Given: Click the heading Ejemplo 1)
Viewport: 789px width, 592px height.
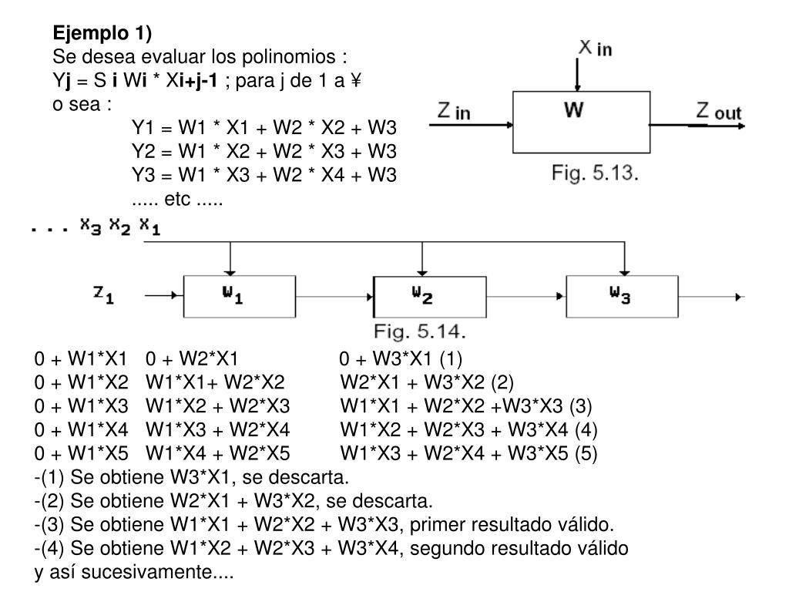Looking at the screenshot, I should (x=102, y=33).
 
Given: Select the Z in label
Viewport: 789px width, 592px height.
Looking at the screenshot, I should (x=454, y=112).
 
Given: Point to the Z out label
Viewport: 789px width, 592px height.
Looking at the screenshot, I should (x=718, y=112).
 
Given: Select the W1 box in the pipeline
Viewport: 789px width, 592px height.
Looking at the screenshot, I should (x=239, y=296).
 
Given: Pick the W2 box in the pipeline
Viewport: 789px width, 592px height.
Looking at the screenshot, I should (x=430, y=296).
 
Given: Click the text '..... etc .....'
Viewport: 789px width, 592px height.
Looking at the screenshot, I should (x=176, y=203).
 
